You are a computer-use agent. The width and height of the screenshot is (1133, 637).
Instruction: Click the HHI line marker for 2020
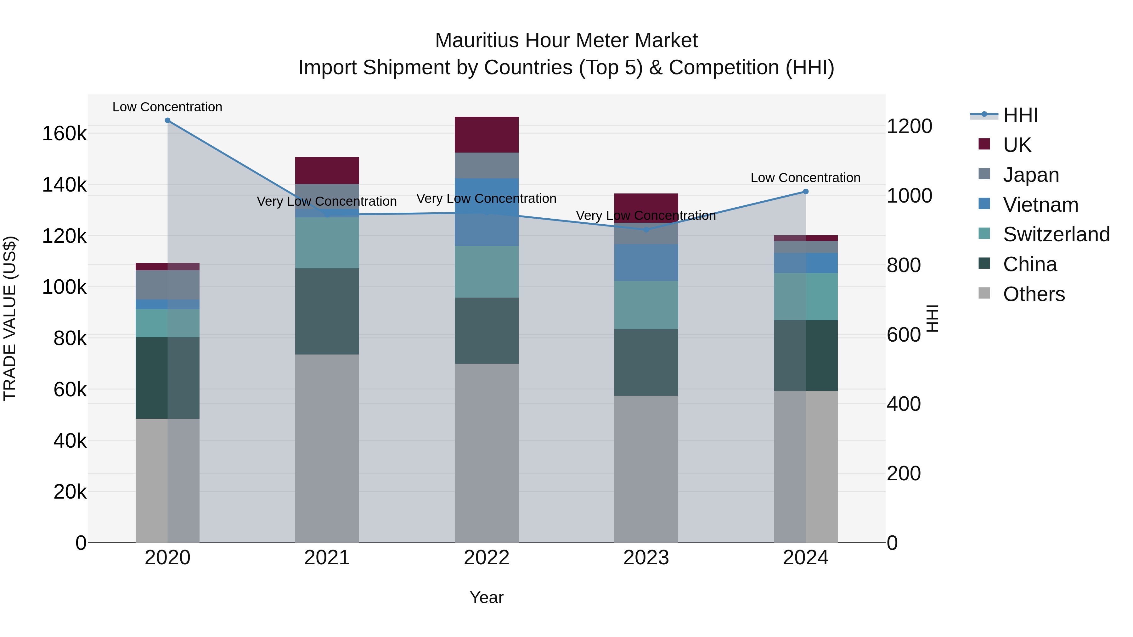coord(167,120)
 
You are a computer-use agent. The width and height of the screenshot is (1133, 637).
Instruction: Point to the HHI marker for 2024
coord(806,192)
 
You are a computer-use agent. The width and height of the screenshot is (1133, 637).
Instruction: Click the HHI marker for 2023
coord(646,230)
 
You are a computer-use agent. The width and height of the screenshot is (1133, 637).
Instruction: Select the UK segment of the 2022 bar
coord(487,135)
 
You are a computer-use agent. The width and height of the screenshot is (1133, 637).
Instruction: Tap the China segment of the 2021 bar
coord(327,311)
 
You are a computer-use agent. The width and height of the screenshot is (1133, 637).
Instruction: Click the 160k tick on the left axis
coord(64,134)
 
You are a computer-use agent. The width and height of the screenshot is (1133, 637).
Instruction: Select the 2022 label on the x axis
coord(487,558)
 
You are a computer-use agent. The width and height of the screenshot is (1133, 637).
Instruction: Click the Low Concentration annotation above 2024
coord(805,178)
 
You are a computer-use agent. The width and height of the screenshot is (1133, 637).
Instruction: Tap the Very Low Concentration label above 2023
coord(646,216)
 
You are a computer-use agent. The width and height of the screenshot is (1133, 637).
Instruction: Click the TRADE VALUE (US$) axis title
coord(10,318)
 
